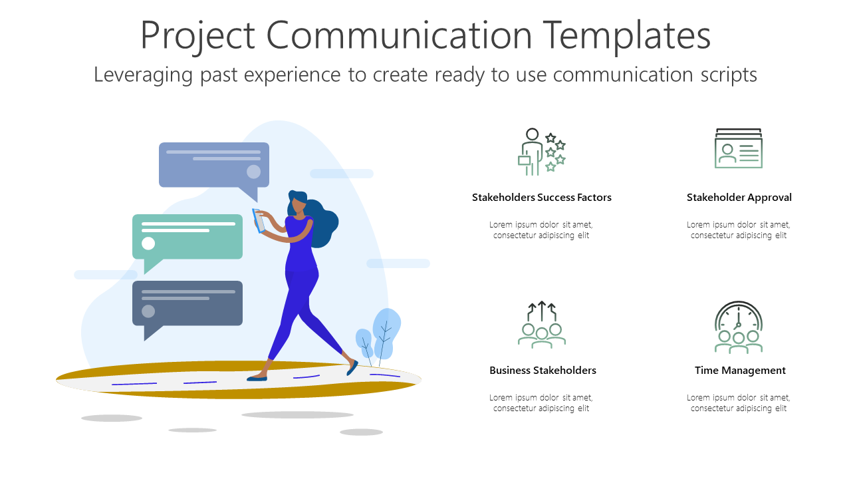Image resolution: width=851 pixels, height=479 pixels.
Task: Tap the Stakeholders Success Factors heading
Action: [541, 198]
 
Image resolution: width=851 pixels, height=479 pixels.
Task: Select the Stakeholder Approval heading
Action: [739, 198]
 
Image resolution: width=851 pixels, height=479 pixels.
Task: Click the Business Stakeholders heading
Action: [543, 371]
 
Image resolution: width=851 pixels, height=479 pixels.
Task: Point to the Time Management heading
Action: [740, 371]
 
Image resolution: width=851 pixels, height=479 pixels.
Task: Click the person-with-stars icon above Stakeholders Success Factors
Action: [541, 152]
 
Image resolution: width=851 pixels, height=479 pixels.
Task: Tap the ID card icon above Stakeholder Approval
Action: [738, 148]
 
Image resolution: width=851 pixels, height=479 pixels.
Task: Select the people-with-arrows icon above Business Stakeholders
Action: [541, 325]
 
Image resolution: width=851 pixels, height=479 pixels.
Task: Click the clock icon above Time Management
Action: [738, 326]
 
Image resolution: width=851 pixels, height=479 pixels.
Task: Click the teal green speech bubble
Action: [187, 238]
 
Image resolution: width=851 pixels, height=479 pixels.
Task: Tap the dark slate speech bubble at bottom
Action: [187, 304]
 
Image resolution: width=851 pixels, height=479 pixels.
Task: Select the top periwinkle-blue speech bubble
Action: [213, 165]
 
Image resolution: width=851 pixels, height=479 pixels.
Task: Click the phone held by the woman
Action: [259, 220]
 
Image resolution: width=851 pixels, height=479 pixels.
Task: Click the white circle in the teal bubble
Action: [148, 243]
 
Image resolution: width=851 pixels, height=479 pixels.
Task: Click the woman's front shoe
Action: [257, 379]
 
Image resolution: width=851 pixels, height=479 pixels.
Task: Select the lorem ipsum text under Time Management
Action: [738, 403]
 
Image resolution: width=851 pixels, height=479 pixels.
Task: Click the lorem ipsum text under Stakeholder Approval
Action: [738, 230]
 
